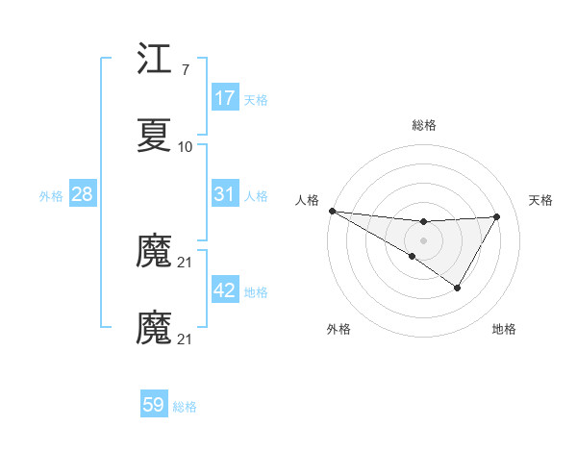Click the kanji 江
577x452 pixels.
154,62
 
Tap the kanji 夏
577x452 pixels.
154,137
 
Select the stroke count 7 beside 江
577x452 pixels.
185,71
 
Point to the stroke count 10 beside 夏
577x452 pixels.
186,147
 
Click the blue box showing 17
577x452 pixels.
225,98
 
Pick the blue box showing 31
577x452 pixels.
225,194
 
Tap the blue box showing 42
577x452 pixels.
225,290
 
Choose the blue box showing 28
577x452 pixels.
83,194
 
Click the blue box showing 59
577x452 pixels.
154,405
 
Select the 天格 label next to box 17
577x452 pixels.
256,99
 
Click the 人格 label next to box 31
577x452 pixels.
256,195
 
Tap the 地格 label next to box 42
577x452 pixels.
256,291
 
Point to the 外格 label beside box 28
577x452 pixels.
51,195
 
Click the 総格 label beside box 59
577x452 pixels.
185,406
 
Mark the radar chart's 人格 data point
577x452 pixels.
332,211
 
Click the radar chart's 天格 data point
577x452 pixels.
497,216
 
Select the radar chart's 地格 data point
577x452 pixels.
458,288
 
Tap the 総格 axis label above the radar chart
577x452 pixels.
423,125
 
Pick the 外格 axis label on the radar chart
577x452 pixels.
339,329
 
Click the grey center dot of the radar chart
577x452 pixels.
423,239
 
